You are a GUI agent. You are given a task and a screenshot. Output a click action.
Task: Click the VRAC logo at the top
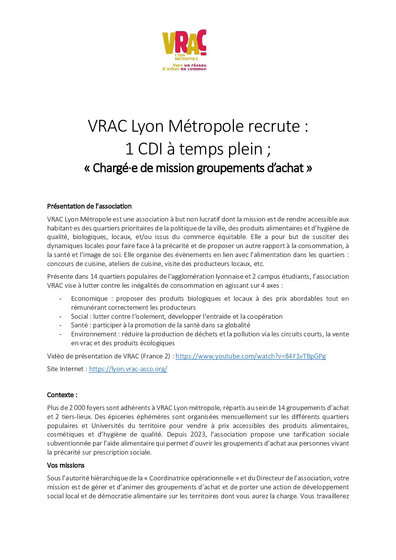pyautogui.click(x=184, y=50)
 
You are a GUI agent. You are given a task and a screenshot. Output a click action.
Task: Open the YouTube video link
pyautogui.click(x=250, y=356)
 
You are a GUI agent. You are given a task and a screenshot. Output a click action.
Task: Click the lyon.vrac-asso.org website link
pyautogui.click(x=128, y=369)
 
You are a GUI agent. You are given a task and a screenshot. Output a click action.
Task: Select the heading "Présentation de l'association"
pyautogui.click(x=89, y=206)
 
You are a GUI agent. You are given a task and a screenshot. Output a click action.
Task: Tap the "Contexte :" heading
pyautogui.click(x=62, y=395)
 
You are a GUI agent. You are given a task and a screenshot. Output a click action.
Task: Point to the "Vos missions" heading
pyautogui.click(x=66, y=465)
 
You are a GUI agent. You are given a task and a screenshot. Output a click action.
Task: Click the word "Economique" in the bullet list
pyautogui.click(x=89, y=299)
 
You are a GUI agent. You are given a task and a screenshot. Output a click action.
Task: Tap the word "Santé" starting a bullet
pyautogui.click(x=79, y=325)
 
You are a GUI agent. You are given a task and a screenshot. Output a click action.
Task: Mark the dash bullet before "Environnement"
pyautogui.click(x=60, y=334)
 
